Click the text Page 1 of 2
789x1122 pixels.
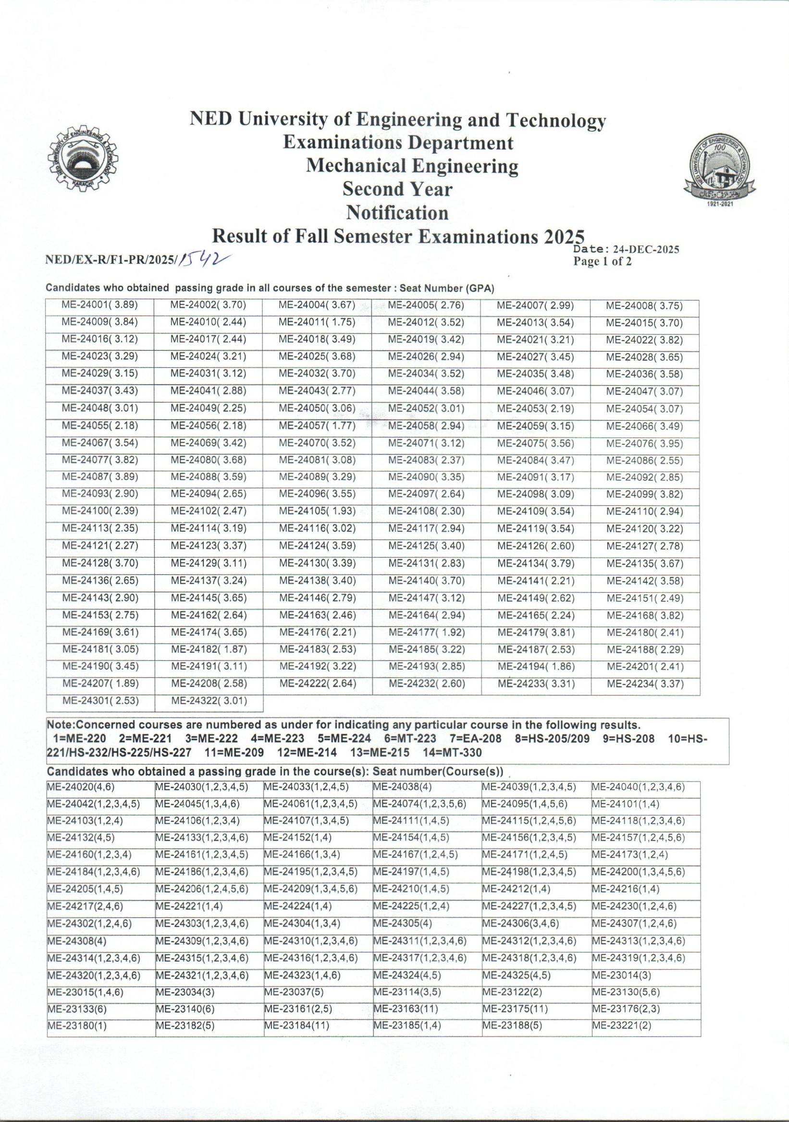[602, 262]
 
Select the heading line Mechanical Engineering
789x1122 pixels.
[412, 166]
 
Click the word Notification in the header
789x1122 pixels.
[397, 213]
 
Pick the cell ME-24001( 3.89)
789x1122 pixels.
[100, 305]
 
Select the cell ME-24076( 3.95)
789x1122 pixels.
[645, 444]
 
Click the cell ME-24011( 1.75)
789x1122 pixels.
[317, 322]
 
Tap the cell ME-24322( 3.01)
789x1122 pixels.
[209, 701]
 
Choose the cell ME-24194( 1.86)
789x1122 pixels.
[536, 667]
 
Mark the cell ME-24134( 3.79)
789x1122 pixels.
[536, 563]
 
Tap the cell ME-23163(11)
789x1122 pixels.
[405, 1009]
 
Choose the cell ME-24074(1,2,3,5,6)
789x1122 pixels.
[419, 804]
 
